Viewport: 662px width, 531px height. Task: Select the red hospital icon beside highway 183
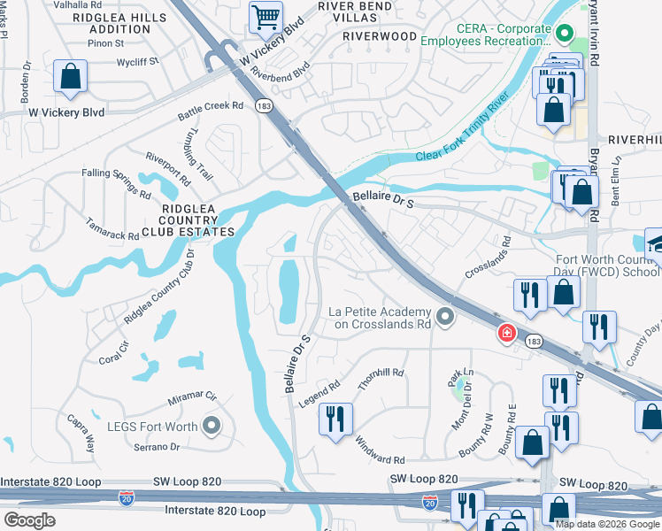505,334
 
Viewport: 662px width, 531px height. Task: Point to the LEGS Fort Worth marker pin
211,427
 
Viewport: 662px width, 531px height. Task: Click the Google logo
28,520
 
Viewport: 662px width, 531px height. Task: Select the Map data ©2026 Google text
607,524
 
